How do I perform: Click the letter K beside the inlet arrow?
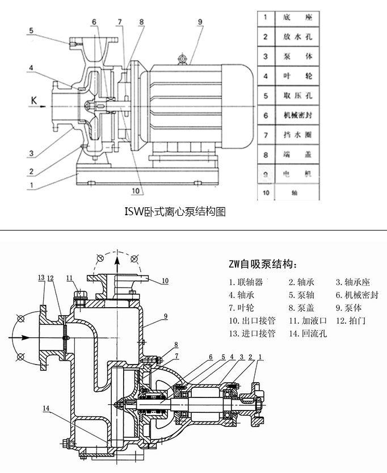(34, 101)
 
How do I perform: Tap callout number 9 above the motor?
(200, 22)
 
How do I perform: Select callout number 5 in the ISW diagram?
(32, 31)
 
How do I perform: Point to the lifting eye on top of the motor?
(182, 58)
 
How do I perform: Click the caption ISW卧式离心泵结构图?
(175, 212)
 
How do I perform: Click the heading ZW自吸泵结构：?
(263, 264)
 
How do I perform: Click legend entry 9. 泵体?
(348, 308)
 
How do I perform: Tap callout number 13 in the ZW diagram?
(41, 278)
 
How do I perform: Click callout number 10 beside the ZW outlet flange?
(165, 281)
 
